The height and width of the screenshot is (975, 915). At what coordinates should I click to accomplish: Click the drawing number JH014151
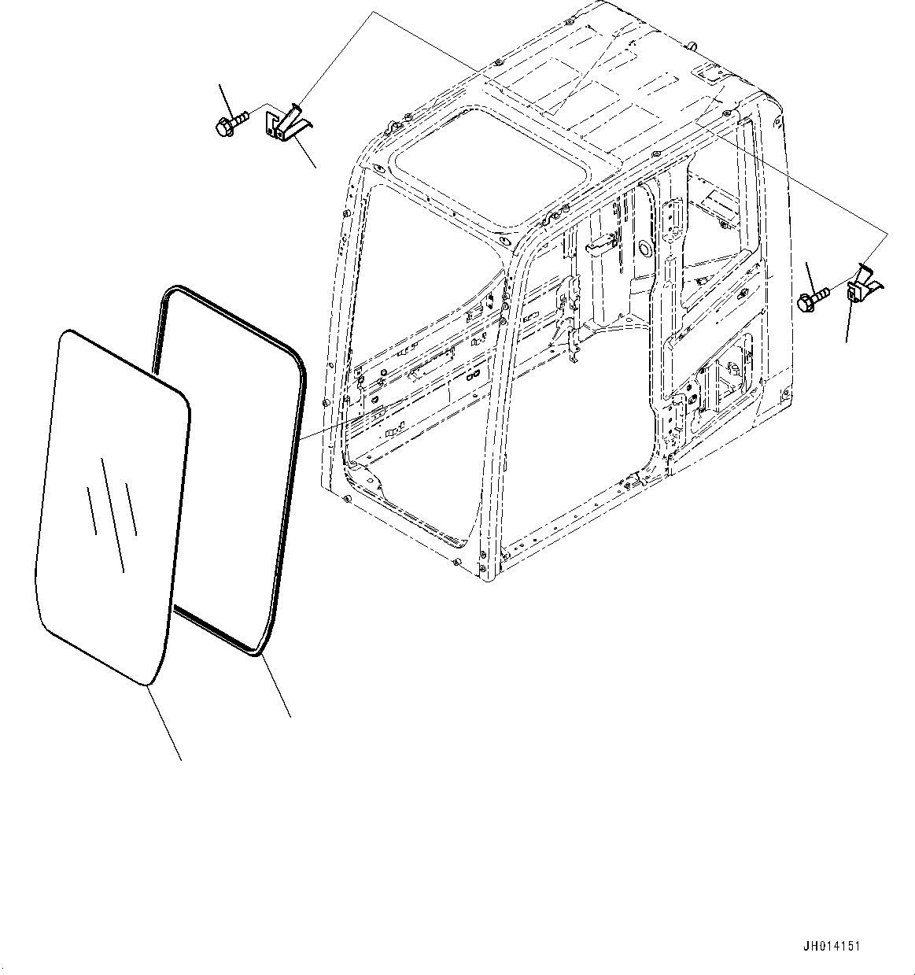[832, 946]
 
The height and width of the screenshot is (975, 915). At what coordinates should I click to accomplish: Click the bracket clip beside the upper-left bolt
[287, 123]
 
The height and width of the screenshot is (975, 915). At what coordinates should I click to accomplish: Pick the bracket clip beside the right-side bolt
[863, 286]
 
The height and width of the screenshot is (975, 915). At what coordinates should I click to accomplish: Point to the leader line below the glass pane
[164, 722]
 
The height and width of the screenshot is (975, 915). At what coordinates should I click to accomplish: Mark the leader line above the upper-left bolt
[227, 99]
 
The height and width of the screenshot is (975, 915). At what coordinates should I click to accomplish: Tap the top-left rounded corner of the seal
[168, 294]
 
